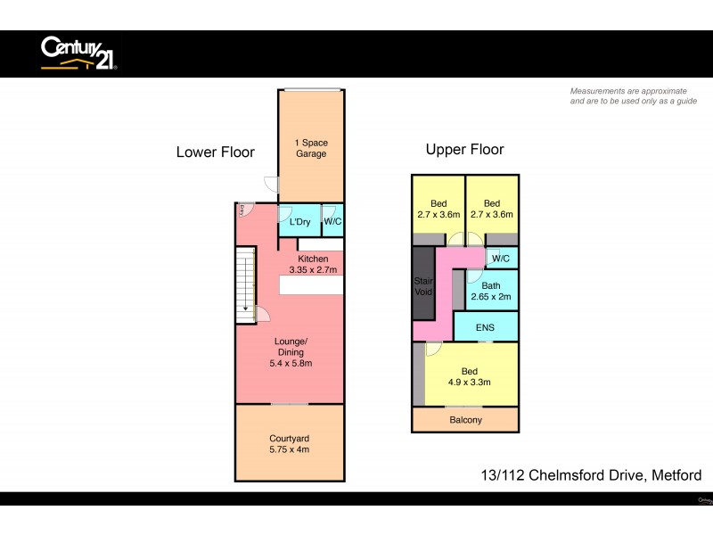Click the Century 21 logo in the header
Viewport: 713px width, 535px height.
[78, 53]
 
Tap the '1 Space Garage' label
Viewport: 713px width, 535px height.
[311, 148]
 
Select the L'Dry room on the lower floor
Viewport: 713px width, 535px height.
[299, 222]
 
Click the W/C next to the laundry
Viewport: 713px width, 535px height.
[332, 222]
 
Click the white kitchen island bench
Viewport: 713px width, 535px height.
[311, 285]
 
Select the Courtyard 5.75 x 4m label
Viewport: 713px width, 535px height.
[291, 444]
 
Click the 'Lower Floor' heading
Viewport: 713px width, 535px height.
[215, 152]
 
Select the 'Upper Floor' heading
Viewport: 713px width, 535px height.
[464, 150]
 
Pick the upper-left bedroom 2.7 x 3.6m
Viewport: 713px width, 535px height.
[438, 209]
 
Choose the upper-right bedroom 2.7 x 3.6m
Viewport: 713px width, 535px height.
[492, 209]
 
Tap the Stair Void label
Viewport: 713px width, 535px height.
[422, 287]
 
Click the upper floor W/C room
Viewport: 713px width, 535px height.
[500, 259]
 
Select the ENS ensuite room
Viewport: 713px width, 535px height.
[486, 327]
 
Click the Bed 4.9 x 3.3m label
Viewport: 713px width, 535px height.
[469, 376]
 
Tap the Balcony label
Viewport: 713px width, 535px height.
[464, 420]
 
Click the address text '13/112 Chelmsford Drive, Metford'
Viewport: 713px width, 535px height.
[590, 475]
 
